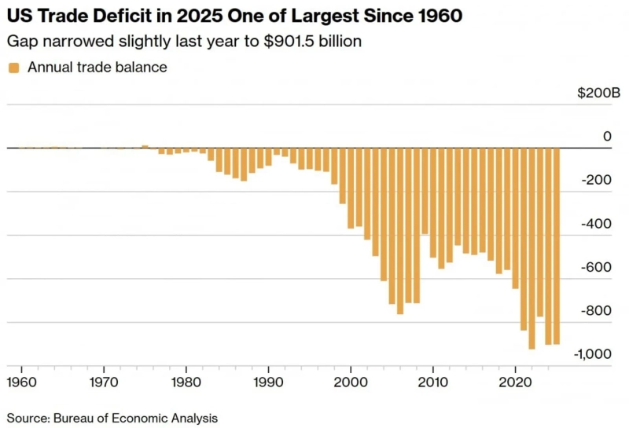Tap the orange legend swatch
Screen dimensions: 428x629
click(14, 68)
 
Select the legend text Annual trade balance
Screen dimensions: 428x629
click(97, 68)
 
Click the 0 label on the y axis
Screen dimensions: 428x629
click(606, 137)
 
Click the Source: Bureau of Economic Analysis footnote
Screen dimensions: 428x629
click(112, 418)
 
